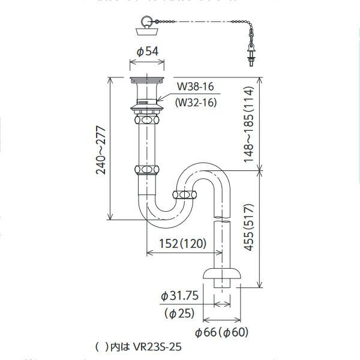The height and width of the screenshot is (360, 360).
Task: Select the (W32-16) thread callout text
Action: pyautogui.click(x=196, y=102)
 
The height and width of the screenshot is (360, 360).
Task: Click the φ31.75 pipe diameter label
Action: pyautogui.click(x=181, y=296)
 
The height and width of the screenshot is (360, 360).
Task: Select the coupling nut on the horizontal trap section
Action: pyautogui.click(x=185, y=195)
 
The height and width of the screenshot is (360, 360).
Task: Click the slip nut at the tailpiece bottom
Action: pyautogui.click(x=148, y=170)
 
